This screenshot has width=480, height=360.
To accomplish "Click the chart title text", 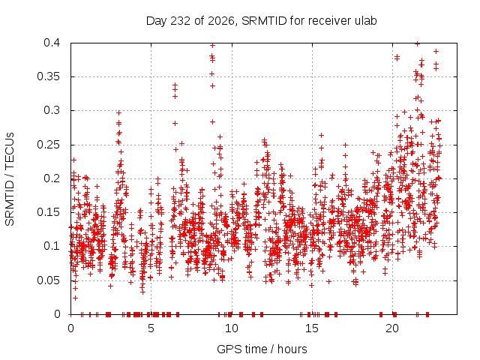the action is (x=261, y=21).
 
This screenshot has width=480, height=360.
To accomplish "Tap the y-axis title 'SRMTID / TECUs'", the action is (x=10, y=179).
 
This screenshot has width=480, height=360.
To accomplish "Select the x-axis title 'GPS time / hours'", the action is (x=262, y=349).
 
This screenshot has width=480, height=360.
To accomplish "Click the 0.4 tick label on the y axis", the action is (x=52, y=43).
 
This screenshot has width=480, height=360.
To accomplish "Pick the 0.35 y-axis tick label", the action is (x=48, y=76).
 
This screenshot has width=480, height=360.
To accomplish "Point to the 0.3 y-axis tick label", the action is (x=52, y=110).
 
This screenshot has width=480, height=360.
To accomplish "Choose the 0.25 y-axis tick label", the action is (x=48, y=145).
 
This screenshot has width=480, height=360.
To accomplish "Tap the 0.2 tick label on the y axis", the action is (x=52, y=178).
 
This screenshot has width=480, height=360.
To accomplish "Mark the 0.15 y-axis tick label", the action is (x=48, y=212).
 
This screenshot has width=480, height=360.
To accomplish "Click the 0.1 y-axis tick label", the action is (x=52, y=246).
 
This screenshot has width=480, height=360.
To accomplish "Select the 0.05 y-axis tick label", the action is (x=48, y=280).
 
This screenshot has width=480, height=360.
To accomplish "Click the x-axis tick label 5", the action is (x=151, y=328).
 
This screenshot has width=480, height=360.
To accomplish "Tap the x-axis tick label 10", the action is (x=232, y=328).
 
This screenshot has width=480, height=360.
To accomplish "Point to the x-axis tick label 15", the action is (x=312, y=328).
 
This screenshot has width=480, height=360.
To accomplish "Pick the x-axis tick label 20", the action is (x=392, y=328).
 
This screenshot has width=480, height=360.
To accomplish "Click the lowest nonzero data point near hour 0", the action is (x=75, y=298).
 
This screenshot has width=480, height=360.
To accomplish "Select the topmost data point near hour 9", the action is (x=212, y=45).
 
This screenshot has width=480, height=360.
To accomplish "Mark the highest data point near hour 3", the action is (x=118, y=112).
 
